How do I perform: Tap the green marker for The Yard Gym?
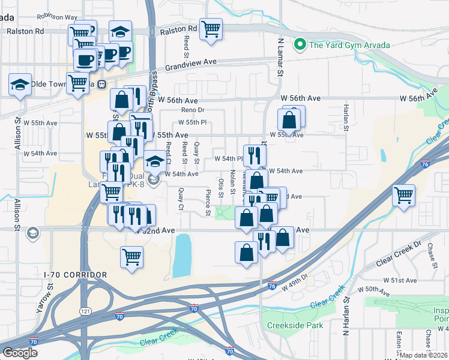pos(299,44)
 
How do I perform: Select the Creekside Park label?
pos(295,326)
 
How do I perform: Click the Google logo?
pos(20,353)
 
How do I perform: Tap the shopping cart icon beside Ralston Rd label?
pos(211,29)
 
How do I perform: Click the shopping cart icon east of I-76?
pos(403,195)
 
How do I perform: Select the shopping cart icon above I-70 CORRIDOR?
pos(132,257)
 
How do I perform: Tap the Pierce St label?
pos(208,203)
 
